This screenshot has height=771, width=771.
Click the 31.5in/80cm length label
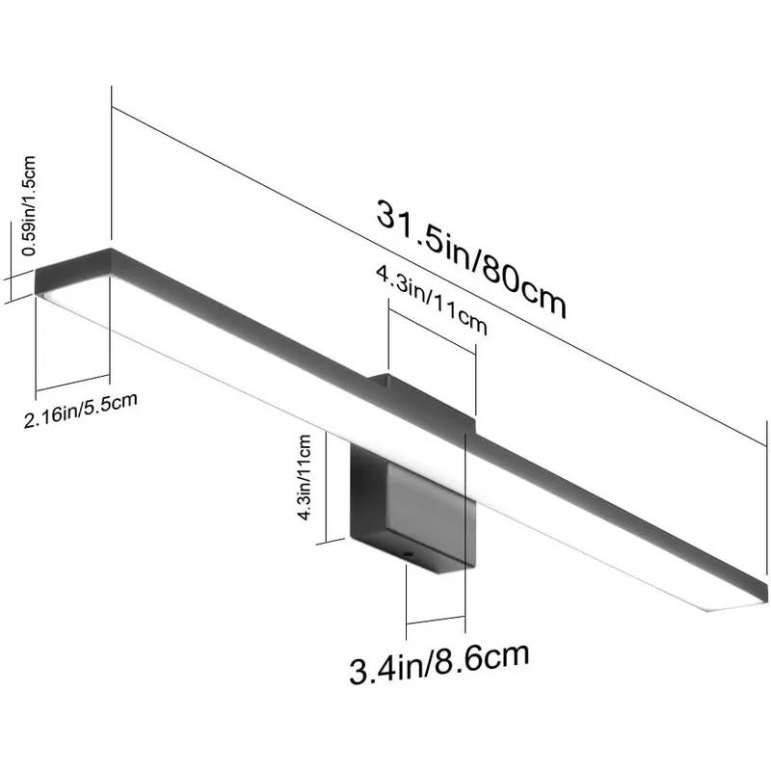470,257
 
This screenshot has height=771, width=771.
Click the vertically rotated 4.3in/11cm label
304,478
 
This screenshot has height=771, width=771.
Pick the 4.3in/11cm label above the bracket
430,302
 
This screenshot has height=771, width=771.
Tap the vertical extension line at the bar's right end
768,501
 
